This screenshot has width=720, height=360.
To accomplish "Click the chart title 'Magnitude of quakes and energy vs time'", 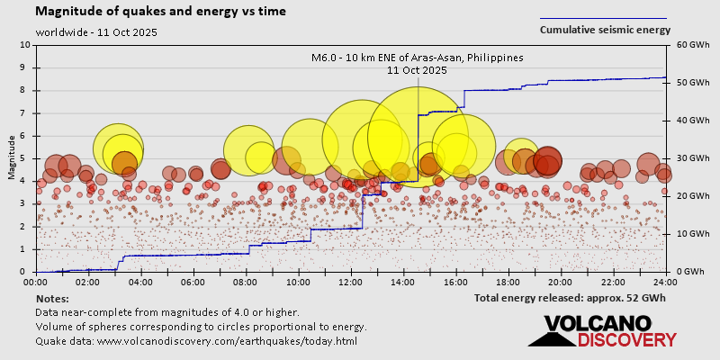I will coord(161,12).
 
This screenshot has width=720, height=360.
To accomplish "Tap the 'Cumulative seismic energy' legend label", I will coord(605,29).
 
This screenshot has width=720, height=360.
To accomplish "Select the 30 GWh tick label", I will coord(687,157).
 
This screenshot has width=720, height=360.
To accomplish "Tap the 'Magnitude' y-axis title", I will coord(13,157).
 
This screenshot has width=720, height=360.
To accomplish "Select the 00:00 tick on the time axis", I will coord(36,282).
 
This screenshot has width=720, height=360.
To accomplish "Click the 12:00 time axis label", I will coord(351,282).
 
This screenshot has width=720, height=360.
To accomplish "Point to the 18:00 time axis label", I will coord(508,282).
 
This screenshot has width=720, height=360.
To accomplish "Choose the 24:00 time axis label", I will coord(665,282).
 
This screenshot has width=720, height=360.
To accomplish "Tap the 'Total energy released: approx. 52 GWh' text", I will coord(570,297).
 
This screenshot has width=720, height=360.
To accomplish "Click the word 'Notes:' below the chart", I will coord(52,298).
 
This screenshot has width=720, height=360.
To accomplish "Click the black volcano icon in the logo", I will coord(551,332).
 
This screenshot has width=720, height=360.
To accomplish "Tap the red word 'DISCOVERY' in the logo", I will coord(626,339).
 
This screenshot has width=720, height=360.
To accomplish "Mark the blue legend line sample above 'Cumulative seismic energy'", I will coord(603,17).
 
